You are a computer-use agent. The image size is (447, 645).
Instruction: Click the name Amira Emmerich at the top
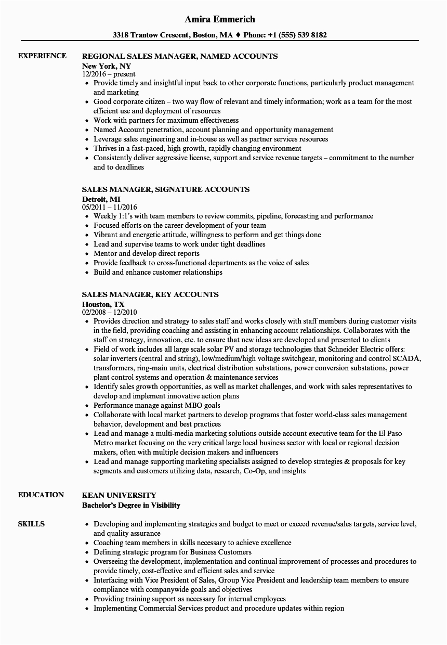(x=220, y=19)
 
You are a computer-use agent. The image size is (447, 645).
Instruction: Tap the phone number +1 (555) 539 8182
(x=297, y=35)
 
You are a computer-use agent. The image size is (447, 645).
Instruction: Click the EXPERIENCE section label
(x=42, y=56)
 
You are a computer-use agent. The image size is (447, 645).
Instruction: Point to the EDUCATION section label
(x=41, y=495)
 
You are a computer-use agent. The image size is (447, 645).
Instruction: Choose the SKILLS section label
(x=31, y=524)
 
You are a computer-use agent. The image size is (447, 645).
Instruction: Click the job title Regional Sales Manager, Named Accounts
(x=180, y=56)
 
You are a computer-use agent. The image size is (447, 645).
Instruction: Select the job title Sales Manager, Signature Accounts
(x=166, y=189)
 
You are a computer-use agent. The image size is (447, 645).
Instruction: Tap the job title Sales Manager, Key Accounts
(x=150, y=294)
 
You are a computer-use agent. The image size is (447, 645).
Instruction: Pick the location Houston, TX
(x=103, y=304)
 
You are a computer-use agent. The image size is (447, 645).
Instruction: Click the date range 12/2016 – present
(x=109, y=74)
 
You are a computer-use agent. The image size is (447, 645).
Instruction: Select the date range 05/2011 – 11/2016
(x=110, y=207)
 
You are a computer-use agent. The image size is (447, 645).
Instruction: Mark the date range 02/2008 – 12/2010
(x=110, y=312)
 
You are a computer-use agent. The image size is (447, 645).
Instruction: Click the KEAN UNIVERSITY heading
(x=119, y=495)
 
